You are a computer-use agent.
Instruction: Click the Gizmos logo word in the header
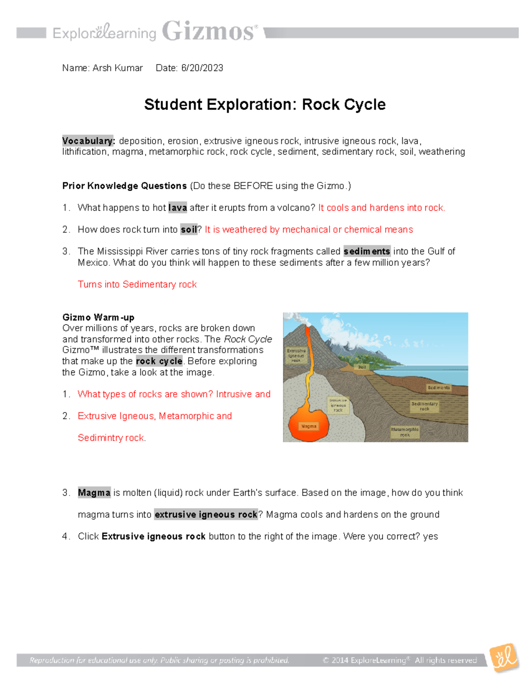[x=209, y=31]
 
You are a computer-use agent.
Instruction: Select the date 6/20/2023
[x=202, y=68]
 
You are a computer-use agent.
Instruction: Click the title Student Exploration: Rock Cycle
[x=265, y=105]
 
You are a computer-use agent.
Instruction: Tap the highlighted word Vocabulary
[x=88, y=141]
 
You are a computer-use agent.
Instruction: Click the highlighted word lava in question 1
[x=178, y=208]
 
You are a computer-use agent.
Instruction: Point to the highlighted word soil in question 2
[x=189, y=230]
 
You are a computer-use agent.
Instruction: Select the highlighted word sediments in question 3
[x=367, y=251]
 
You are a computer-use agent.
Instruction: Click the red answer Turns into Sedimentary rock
[x=137, y=284]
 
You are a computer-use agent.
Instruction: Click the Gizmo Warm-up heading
[x=98, y=317]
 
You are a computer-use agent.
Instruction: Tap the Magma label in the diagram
[x=309, y=426]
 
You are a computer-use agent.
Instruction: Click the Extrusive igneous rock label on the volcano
[x=296, y=356]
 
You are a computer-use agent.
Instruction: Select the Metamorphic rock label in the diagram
[x=405, y=432]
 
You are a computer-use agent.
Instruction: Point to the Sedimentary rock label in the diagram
[x=424, y=406]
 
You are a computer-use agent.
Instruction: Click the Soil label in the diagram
[x=362, y=367]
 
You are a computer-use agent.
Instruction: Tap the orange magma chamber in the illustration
[x=309, y=420]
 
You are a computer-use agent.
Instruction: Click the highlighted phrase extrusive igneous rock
[x=206, y=515]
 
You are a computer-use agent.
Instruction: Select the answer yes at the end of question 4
[x=430, y=536]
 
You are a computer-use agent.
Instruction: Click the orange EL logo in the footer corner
[x=504, y=658]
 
